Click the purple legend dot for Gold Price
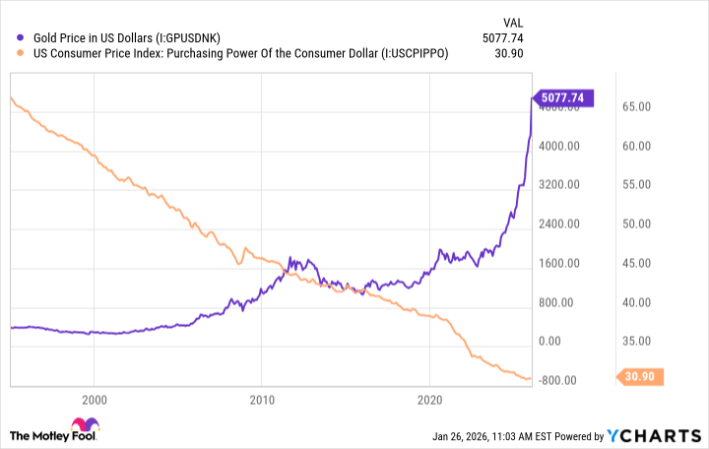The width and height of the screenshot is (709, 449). [20, 37]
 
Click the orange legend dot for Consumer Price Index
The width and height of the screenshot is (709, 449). [20, 54]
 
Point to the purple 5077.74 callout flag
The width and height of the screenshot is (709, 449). [564, 97]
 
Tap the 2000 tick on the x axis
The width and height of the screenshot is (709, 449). [94, 401]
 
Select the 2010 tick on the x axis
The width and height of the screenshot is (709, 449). [261, 401]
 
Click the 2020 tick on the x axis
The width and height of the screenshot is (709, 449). [429, 401]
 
